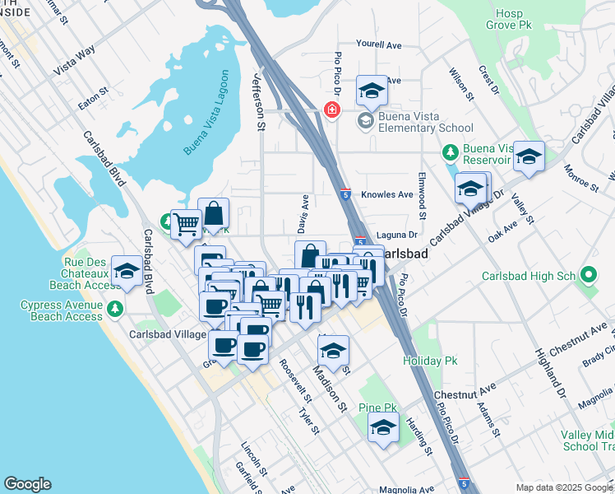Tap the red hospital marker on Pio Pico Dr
pyautogui.click(x=332, y=110)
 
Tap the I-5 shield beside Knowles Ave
pyautogui.click(x=347, y=194)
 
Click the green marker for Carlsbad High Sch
pyautogui.click(x=589, y=276)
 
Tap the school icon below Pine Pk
pyautogui.click(x=383, y=429)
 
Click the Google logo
pyautogui.click(x=27, y=484)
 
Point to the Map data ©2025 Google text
pyautogui.click(x=564, y=487)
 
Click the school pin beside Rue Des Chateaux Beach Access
pyautogui.click(x=127, y=270)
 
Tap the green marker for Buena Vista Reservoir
pyautogui.click(x=450, y=152)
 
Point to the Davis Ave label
pyautogui.click(x=303, y=212)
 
